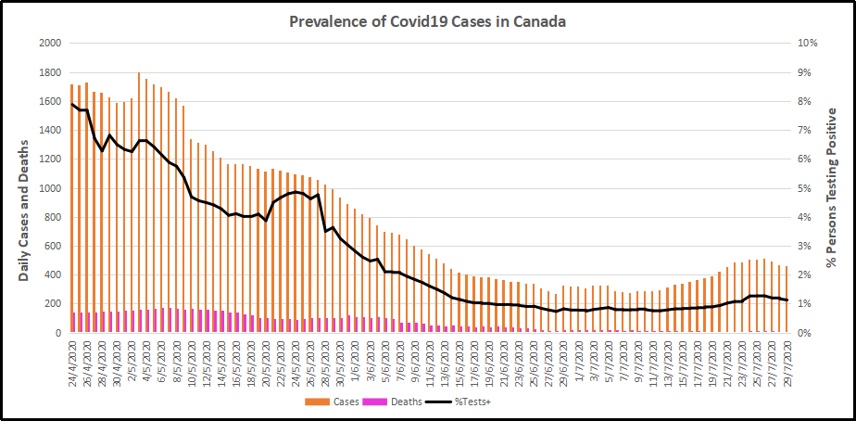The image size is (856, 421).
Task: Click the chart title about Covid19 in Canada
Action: point(427,21)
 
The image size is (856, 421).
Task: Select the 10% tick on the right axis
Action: point(808,44)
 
